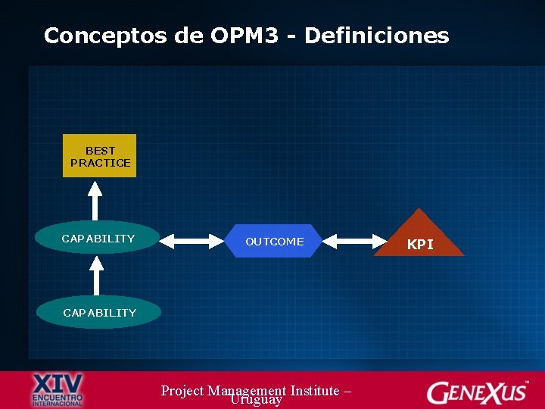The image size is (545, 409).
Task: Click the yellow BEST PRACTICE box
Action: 99,156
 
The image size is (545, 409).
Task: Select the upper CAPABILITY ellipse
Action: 98,239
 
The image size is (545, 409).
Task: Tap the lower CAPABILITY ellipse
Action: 99,312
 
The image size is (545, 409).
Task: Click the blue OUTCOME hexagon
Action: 275,242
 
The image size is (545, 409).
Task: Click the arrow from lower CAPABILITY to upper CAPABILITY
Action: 95,275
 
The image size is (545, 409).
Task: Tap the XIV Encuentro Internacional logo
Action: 58,389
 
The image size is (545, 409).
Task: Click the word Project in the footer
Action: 182,391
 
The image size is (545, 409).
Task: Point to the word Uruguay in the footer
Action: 257,399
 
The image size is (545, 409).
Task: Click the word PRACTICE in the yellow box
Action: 100,163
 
